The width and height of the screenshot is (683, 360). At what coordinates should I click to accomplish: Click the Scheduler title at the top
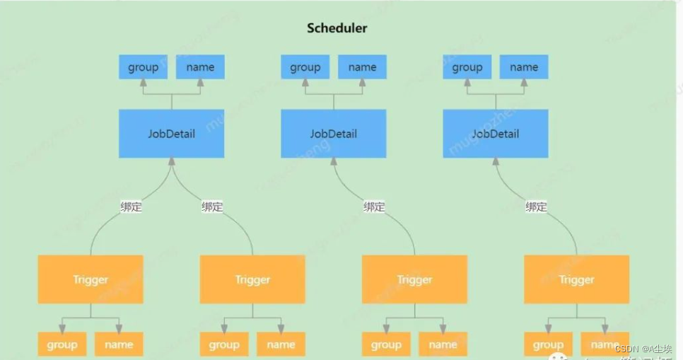(337, 28)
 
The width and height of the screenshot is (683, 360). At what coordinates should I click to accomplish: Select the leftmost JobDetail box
(172, 134)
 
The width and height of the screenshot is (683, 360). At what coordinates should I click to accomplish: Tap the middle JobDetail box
(334, 134)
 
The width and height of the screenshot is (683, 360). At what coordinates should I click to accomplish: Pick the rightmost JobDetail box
(496, 134)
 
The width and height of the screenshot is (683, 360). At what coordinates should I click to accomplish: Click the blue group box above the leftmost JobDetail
(144, 67)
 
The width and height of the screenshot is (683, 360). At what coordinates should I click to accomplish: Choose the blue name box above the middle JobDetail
(362, 67)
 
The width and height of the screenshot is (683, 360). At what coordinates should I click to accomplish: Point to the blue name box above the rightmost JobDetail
(524, 67)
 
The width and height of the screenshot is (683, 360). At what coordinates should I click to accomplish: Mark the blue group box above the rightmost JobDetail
(467, 67)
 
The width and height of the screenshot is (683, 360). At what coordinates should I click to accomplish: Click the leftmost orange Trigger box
(91, 279)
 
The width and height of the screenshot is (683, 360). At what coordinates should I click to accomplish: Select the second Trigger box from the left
(252, 279)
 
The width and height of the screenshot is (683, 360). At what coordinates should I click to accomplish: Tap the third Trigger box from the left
(414, 279)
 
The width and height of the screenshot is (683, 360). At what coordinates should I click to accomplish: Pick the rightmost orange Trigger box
(576, 279)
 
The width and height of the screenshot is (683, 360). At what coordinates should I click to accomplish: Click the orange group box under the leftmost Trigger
(62, 344)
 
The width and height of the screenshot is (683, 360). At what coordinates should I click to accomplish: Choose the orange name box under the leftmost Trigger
(119, 344)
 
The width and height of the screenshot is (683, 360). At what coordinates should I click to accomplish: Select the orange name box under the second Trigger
(281, 344)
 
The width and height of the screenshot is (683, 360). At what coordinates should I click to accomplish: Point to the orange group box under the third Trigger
(386, 344)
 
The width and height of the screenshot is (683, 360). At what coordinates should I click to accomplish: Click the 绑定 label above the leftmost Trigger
(132, 207)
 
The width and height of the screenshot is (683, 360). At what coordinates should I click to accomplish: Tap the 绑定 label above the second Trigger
(212, 207)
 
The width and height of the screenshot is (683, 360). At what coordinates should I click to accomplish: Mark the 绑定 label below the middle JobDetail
(374, 207)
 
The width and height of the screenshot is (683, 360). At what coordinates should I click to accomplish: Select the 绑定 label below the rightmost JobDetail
(536, 207)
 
